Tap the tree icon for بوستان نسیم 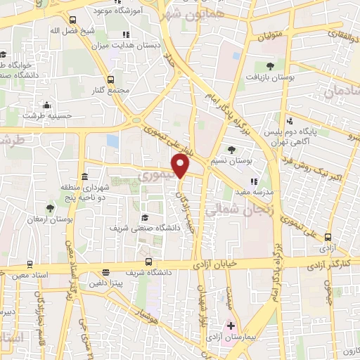[232, 149]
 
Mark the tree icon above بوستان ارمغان [49, 208]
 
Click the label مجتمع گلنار [109, 91]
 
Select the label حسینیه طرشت [41, 115]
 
